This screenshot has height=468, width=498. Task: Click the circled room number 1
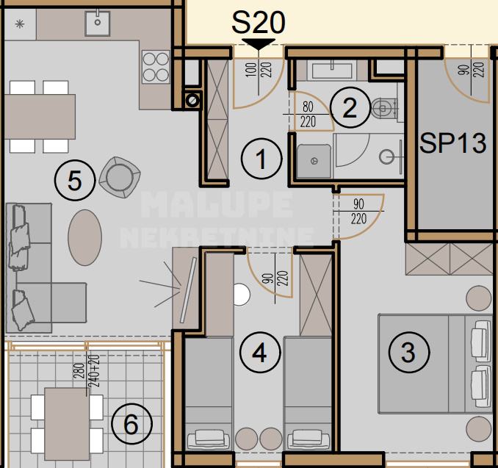pyautogui.click(x=261, y=158)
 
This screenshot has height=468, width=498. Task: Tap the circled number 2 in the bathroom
pyautogui.click(x=350, y=107)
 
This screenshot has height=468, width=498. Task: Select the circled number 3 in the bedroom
pyautogui.click(x=409, y=352)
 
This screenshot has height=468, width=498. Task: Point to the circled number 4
pyautogui.click(x=260, y=353)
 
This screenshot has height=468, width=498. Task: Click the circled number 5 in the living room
pyautogui.click(x=75, y=180)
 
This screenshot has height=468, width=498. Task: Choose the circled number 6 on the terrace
pyautogui.click(x=131, y=424)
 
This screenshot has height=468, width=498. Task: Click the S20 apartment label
pyautogui.click(x=259, y=22)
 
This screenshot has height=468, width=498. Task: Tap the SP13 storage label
pyautogui.click(x=452, y=143)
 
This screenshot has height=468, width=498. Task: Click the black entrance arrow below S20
pyautogui.click(x=259, y=44)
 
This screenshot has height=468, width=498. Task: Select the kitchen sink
pyautogui.click(x=98, y=23)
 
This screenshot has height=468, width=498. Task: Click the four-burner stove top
pyautogui.click(x=156, y=66)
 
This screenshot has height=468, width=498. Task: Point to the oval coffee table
pyautogui.click(x=84, y=237)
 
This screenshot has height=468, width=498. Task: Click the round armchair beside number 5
pyautogui.click(x=120, y=177)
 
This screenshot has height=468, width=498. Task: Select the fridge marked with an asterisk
pyautogui.click(x=20, y=24)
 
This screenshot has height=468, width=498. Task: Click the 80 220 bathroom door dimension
pyautogui.click(x=308, y=114)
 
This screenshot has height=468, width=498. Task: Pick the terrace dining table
pyautogui.click(x=67, y=424)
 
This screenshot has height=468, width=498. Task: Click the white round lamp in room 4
pyautogui.click(x=242, y=295)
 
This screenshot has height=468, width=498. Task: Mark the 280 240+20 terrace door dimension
pyautogui.click(x=87, y=371)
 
